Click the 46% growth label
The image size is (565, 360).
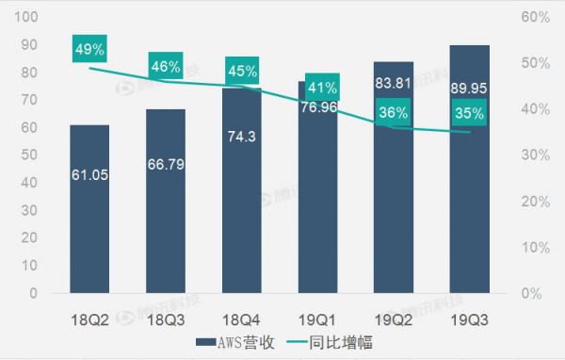click(x=166, y=67)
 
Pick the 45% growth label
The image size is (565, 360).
click(x=241, y=71)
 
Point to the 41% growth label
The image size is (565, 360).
click(x=317, y=89)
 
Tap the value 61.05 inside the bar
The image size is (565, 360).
click(x=89, y=174)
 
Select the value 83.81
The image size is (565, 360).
click(x=393, y=82)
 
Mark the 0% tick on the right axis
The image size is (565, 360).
click(x=532, y=293)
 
